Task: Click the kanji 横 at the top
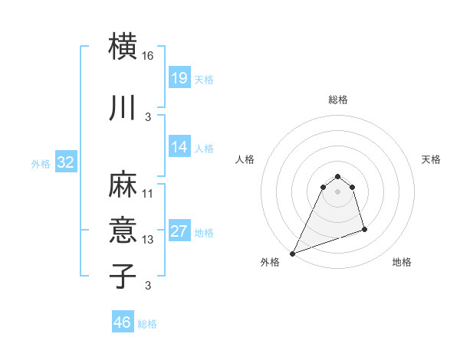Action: click(x=123, y=47)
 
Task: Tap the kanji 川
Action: click(x=123, y=108)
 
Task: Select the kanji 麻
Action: click(x=123, y=184)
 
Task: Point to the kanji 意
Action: click(x=123, y=230)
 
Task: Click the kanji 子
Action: click(x=123, y=275)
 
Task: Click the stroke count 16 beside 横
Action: click(x=148, y=57)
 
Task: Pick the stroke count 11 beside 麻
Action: click(x=148, y=194)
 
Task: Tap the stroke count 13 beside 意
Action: click(x=148, y=240)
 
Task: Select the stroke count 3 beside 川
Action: click(x=148, y=117)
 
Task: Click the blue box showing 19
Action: click(x=179, y=78)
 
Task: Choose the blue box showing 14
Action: click(x=179, y=147)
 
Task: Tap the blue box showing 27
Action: click(x=179, y=231)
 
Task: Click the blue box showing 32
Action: click(x=65, y=162)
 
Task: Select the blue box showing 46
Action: click(x=122, y=322)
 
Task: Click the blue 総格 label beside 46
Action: click(x=147, y=324)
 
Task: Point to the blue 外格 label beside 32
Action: click(x=41, y=163)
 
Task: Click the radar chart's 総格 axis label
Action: click(x=337, y=100)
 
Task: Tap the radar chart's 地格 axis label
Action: click(x=402, y=263)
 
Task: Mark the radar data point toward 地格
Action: click(x=364, y=229)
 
